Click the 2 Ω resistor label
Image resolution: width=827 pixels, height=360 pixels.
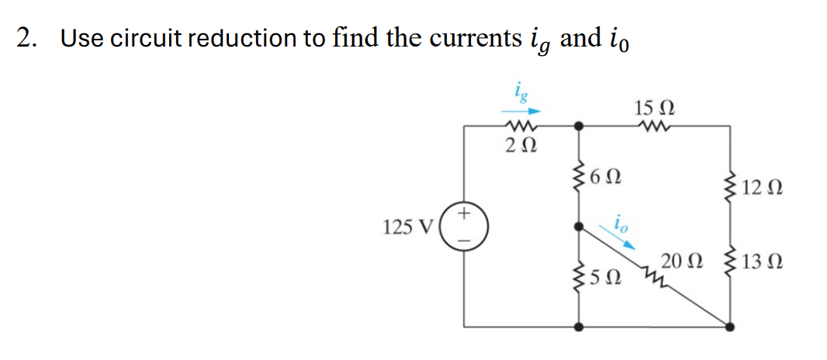(x=518, y=144)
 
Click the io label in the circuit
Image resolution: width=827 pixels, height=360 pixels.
(x=622, y=220)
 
